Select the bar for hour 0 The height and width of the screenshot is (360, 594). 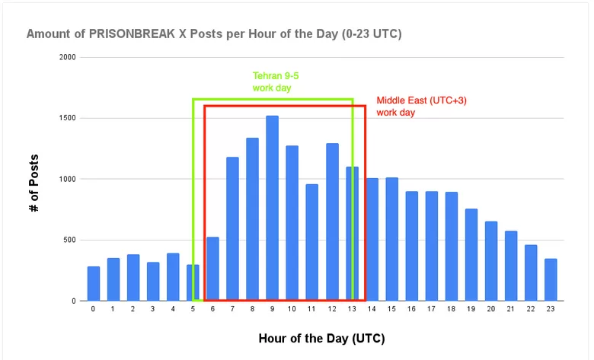pos(93,283)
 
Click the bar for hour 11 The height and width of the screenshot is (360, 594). pos(312,242)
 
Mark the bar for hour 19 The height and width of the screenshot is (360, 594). pos(471,254)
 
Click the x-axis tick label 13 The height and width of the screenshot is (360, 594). pos(351,310)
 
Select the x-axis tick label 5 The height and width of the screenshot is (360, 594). pos(193,310)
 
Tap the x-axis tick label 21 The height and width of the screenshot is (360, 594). pos(511,310)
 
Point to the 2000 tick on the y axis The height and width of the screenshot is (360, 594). pos(68,57)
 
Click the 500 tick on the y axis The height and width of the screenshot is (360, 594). pos(70,240)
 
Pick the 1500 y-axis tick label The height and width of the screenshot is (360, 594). pos(68,118)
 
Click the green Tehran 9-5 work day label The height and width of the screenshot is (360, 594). pos(272,82)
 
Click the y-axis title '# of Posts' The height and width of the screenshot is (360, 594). pos(34,182)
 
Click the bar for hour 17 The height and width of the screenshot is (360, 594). pos(431,246)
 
